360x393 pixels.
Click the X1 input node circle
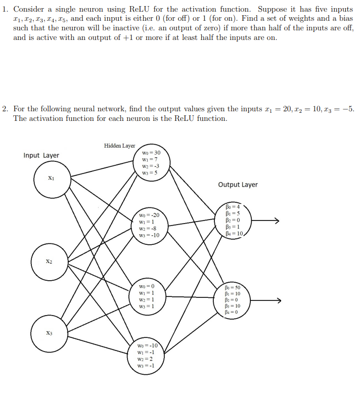[51, 178]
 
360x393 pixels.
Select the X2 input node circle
[49, 261]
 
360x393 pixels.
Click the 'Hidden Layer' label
[119, 146]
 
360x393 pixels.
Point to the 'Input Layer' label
[41, 155]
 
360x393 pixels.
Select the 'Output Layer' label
[238, 185]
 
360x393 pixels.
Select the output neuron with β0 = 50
[237, 299]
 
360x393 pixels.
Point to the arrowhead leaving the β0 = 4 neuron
[276, 220]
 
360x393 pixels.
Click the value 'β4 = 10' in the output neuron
[236, 234]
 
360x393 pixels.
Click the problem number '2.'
[5, 109]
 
